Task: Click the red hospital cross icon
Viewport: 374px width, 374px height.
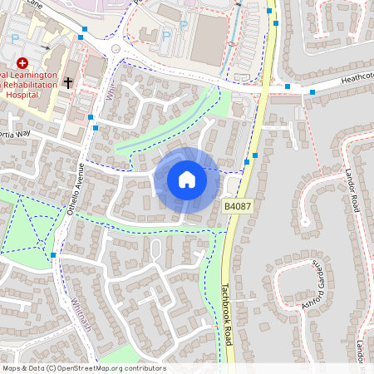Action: pos(22,62)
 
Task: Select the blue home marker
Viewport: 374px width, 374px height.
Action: pos(186,179)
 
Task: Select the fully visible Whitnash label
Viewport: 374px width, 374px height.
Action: pos(80,316)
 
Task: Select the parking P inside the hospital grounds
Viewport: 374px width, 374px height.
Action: pos(14,38)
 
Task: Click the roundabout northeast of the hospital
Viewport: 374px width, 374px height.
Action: pos(114,48)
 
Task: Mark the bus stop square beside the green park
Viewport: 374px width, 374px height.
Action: pos(53,254)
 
